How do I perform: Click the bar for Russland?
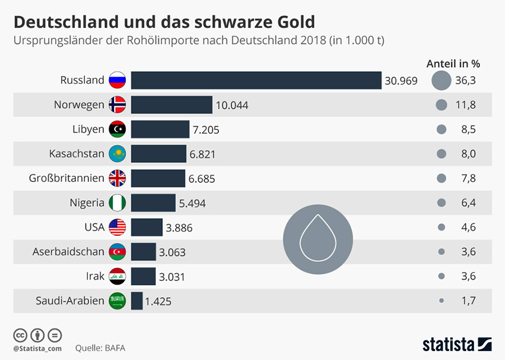pyautogui.click(x=256, y=80)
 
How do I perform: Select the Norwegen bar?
pyautogui.click(x=171, y=105)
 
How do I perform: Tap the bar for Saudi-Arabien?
pyautogui.click(x=137, y=301)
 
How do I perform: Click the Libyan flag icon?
pyautogui.click(x=118, y=129)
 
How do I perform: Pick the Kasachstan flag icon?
pyautogui.click(x=118, y=154)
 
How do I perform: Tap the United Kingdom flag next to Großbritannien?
pyautogui.click(x=118, y=178)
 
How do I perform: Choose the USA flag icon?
pyautogui.click(x=118, y=227)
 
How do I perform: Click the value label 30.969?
pyautogui.click(x=401, y=81)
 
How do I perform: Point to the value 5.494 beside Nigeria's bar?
pyautogui.click(x=192, y=203)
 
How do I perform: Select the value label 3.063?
pyautogui.click(x=172, y=252)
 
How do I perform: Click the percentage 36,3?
pyautogui.click(x=465, y=80)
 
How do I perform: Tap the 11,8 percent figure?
pyautogui.click(x=465, y=105)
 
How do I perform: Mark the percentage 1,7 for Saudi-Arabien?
pyautogui.click(x=468, y=301)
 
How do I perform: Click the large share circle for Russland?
pyautogui.click(x=441, y=80)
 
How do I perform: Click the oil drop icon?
pyautogui.click(x=318, y=234)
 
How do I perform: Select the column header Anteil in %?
pyautogui.click(x=453, y=64)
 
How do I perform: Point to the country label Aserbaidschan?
pyautogui.click(x=68, y=252)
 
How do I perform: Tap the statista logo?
pyautogui.click(x=456, y=344)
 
